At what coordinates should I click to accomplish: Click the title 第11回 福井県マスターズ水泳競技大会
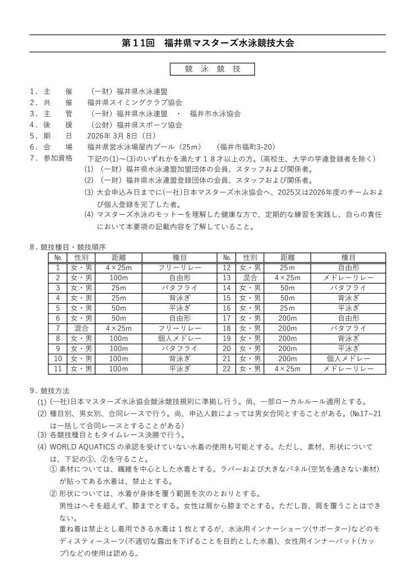point(208,43)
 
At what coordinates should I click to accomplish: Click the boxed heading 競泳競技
point(212,69)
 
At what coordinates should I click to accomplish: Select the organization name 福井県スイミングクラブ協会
point(135,103)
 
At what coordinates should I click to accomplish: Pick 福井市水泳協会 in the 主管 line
point(215,113)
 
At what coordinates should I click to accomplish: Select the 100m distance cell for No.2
point(119,277)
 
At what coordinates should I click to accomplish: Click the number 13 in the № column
point(227,277)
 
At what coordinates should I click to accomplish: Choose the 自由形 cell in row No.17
point(348,318)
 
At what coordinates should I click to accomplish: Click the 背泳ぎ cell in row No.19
point(348,338)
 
